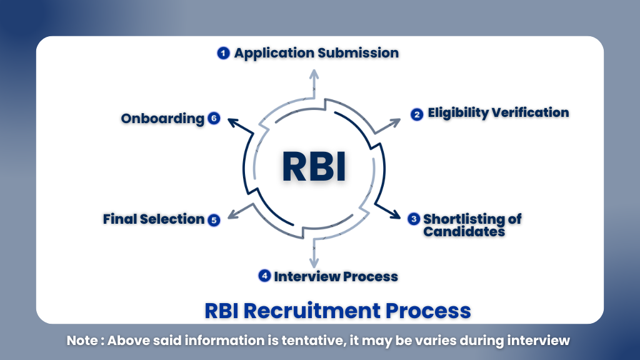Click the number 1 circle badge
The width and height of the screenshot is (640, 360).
(x=224, y=53)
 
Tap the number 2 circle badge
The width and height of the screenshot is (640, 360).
(x=417, y=114)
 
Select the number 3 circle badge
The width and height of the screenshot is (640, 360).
(x=413, y=219)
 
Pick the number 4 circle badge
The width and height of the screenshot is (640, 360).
(x=265, y=276)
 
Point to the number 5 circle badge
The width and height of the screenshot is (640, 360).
(x=214, y=219)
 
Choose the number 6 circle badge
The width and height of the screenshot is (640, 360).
(x=214, y=118)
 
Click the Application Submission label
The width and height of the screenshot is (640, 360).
(x=316, y=53)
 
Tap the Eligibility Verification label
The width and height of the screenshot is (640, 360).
(x=498, y=113)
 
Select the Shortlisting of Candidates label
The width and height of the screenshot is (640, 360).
(x=472, y=225)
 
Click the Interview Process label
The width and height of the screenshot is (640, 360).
(x=336, y=276)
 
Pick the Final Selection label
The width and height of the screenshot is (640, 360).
(x=154, y=219)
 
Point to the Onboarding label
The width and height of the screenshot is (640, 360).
(x=162, y=119)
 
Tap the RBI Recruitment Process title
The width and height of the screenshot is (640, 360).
(x=337, y=310)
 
